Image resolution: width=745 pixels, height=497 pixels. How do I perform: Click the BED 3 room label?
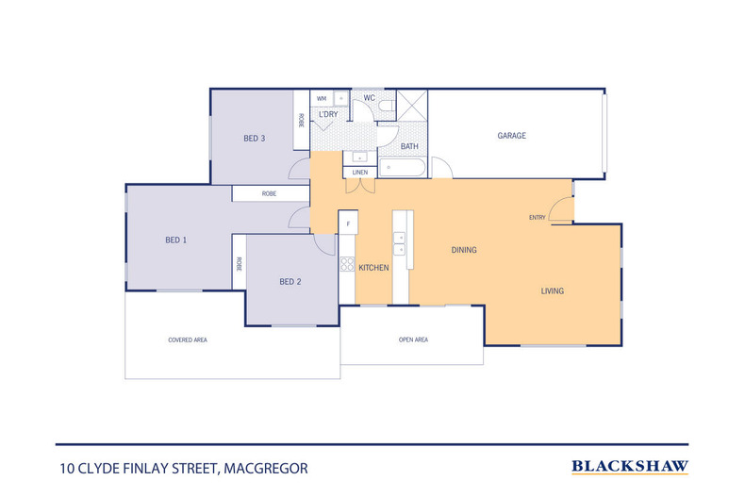pos(254,139)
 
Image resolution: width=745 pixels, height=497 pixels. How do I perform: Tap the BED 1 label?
pos(175,240)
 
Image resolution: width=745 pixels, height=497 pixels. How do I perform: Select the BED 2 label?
pos(290,282)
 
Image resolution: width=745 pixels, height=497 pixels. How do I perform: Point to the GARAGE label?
pos(512,136)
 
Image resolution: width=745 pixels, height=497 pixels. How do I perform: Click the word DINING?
pos(463,251)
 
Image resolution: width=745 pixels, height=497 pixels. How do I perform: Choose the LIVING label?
pos(552,291)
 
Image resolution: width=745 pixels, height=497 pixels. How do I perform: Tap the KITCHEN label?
pos(373,269)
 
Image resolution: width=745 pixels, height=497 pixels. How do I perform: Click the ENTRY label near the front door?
pos(537,218)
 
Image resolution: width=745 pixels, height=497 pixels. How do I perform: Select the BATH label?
pos(409,146)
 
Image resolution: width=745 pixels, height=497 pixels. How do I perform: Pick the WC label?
pos(370,97)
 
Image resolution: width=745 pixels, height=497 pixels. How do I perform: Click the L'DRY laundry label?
pos(328,115)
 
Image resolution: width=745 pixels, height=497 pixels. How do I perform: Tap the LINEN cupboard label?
pos(359,173)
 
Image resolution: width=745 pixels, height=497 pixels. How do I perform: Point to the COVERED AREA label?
pos(187,340)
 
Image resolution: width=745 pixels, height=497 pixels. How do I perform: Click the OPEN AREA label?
pos(413,340)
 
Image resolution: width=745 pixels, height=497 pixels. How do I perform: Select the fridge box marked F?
pos(349,224)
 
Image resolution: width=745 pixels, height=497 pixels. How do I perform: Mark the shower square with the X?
pos(411,105)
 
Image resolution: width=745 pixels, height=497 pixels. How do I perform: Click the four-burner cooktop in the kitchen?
pos(347,267)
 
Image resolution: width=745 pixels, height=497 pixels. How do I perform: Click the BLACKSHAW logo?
pos(630,466)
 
